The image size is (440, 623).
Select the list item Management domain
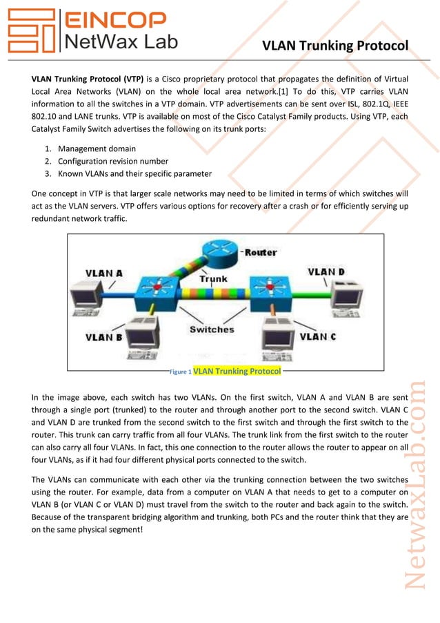97,148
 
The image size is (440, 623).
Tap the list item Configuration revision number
113,161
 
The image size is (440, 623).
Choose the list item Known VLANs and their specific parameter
134,173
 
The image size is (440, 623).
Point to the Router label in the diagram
259,253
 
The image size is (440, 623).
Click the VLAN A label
103,273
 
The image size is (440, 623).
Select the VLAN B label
103,337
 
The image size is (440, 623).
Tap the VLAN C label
318,336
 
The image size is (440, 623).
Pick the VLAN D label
326,271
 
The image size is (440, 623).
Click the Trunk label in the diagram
213,279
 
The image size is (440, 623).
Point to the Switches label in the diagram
212,329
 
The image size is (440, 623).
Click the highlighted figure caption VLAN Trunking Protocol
237,371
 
